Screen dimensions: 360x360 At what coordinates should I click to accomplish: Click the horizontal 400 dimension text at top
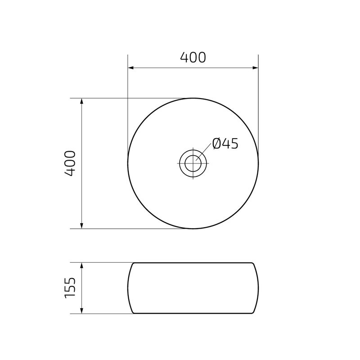click(193, 58)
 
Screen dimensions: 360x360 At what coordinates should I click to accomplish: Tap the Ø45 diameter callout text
click(225, 144)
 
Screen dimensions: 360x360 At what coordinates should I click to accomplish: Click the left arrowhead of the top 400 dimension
click(131, 68)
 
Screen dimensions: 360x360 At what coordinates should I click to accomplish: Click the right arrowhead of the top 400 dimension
click(256, 68)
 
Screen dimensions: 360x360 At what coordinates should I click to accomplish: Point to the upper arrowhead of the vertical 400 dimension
click(81, 101)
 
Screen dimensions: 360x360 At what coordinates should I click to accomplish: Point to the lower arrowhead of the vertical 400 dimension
click(81, 226)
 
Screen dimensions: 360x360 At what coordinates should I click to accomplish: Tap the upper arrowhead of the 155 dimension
click(81, 265)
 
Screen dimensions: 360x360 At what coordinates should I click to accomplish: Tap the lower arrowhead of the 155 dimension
click(81, 311)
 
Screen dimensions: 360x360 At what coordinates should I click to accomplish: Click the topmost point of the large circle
click(193, 98)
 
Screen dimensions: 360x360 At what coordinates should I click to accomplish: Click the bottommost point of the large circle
click(193, 229)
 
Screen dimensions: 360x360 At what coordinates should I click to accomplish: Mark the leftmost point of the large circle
click(128, 163)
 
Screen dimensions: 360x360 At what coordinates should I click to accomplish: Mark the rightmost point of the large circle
click(258, 163)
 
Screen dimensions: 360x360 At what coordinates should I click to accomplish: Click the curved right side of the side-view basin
click(258, 288)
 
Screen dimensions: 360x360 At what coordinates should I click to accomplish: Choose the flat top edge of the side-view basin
click(193, 262)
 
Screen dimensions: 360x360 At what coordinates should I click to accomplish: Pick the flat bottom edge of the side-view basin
click(193, 314)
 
